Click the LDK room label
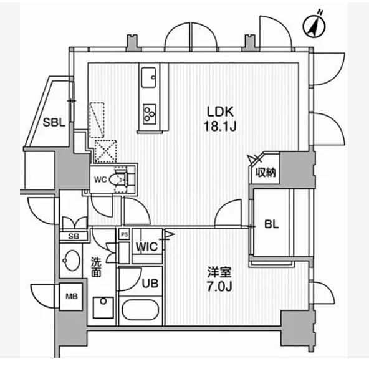click(220, 112)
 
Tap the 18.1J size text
click(220, 127)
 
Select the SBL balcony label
click(54, 122)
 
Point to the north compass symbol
click(314, 25)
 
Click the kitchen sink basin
click(148, 77)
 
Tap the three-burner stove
click(150, 114)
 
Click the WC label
click(100, 180)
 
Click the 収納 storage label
click(266, 173)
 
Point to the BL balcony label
click(271, 224)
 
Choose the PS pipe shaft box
click(124, 234)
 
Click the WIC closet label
click(146, 247)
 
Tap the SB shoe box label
click(74, 236)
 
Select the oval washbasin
click(71, 261)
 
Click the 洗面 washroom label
click(96, 267)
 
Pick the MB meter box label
click(72, 296)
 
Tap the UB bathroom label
click(150, 284)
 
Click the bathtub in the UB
click(140, 310)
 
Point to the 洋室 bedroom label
click(219, 272)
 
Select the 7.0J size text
click(219, 287)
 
